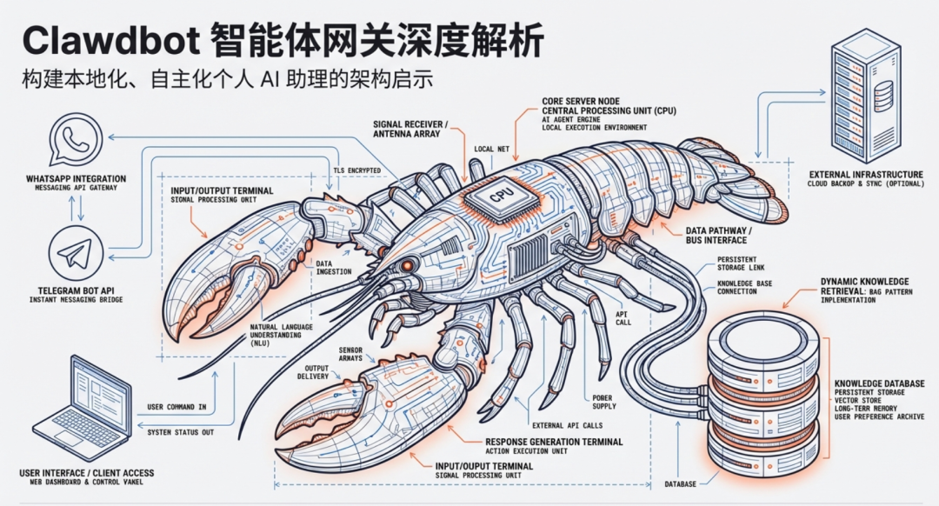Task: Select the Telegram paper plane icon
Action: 76,252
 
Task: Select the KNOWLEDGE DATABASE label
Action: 879,383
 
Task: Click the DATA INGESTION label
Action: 334,267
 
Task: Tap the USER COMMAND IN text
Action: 176,407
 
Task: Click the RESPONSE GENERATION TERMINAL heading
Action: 553,442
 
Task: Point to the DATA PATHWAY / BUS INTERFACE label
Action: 704,235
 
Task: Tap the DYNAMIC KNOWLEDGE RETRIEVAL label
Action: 864,287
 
